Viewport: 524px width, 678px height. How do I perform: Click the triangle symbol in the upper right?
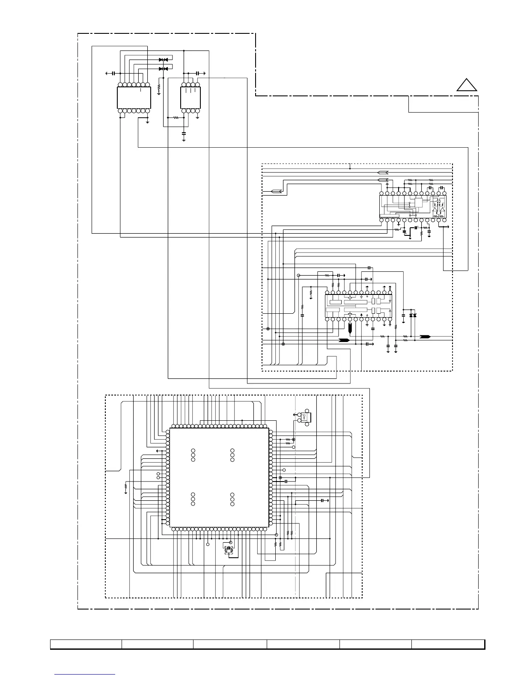(x=467, y=85)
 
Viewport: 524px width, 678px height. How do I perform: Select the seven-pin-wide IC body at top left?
(x=134, y=98)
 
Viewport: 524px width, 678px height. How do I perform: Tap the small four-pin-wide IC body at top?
(x=191, y=98)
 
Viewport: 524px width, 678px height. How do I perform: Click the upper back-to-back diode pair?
(x=163, y=59)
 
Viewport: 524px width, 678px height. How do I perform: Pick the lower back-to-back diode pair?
(x=163, y=68)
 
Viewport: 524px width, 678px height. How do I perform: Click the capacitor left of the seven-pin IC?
(x=113, y=74)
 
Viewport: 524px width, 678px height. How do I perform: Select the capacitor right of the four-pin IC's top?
(x=197, y=74)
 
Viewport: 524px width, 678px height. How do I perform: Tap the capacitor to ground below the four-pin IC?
(x=184, y=134)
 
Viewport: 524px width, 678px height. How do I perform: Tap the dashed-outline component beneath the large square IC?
(x=229, y=549)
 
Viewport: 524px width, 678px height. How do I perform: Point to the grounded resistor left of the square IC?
(x=125, y=487)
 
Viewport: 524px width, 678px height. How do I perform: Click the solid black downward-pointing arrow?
(x=350, y=329)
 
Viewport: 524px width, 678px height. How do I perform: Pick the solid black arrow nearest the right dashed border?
(x=425, y=337)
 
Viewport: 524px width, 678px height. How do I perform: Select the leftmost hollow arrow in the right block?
(x=276, y=191)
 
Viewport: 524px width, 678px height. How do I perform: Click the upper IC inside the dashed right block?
(x=413, y=207)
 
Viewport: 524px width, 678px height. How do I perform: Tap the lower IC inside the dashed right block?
(x=359, y=306)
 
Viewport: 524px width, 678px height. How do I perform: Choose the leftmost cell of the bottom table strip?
(x=86, y=644)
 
